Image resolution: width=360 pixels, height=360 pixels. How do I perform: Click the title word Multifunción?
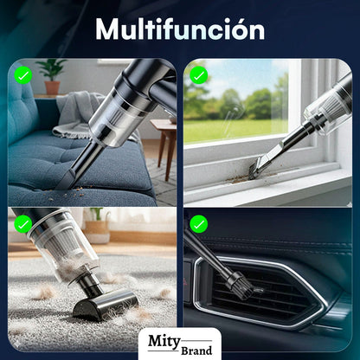point(180,29)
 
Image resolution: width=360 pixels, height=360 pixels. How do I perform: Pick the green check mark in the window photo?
point(200,76)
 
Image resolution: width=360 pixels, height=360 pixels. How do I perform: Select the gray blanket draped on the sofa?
point(78,112)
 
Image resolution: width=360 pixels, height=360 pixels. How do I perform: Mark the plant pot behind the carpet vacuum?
point(97,232)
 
